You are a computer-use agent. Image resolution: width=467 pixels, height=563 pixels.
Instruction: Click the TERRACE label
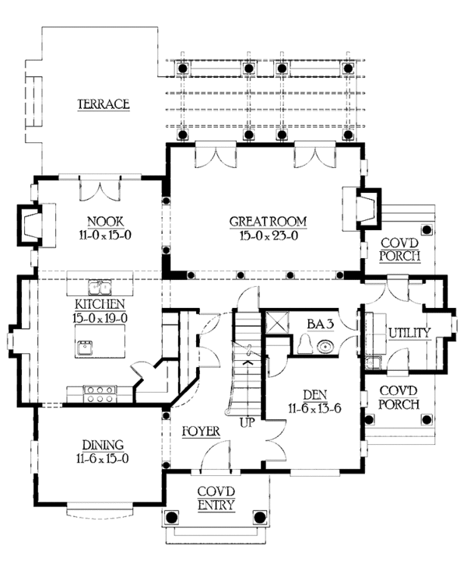(104, 104)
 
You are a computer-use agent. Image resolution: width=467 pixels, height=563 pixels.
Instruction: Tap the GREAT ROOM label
(269, 222)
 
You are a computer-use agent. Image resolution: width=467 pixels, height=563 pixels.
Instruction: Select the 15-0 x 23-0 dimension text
(269, 236)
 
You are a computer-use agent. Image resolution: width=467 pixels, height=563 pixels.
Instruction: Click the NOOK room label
(106, 221)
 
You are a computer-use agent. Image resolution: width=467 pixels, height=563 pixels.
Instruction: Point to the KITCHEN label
(100, 304)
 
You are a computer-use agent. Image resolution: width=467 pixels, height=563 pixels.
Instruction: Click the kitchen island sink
(85, 348)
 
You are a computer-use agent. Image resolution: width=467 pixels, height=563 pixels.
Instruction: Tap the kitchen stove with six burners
(100, 393)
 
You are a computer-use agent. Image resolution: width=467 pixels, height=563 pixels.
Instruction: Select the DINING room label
(104, 445)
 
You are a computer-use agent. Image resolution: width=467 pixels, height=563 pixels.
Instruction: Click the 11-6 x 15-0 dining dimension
(103, 459)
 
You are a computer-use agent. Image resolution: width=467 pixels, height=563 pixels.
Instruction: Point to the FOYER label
(201, 431)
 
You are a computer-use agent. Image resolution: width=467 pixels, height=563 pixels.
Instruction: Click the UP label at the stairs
(247, 422)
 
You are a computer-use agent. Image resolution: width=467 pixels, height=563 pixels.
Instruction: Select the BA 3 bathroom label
(321, 323)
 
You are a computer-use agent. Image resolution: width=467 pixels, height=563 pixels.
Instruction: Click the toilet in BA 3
(305, 344)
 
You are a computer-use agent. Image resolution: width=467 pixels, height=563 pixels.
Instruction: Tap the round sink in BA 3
(325, 347)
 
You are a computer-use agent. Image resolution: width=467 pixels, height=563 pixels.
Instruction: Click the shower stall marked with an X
(277, 323)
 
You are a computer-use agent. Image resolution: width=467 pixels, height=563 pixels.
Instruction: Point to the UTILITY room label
(409, 333)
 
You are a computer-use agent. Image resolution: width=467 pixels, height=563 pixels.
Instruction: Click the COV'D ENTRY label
(216, 498)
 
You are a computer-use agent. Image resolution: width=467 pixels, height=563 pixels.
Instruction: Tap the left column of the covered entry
(171, 517)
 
